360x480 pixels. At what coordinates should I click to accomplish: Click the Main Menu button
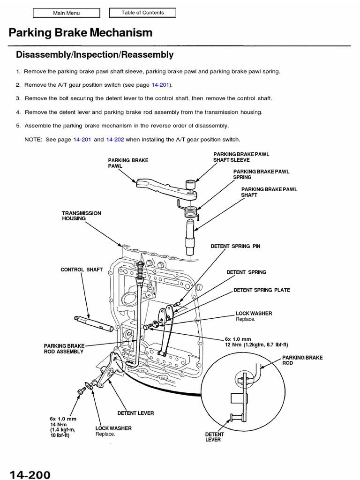[x=66, y=13]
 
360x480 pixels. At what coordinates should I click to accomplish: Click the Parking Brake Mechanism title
[x=80, y=32]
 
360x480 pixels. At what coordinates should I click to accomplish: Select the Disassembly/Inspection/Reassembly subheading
[x=95, y=55]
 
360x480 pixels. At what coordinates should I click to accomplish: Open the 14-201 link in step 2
[x=160, y=85]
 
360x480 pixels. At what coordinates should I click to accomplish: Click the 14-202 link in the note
[x=115, y=139]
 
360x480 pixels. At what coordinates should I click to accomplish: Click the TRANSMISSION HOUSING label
[x=81, y=216]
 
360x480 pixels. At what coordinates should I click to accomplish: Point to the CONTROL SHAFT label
[x=81, y=270]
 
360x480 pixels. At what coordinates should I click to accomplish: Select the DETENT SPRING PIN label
[x=235, y=246]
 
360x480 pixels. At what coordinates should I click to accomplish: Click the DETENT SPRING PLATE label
[x=262, y=290]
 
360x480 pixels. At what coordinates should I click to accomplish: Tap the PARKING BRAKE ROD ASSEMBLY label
[x=64, y=348]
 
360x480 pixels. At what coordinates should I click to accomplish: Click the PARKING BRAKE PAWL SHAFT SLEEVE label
[x=241, y=157]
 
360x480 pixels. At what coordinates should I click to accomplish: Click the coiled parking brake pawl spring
[x=190, y=212]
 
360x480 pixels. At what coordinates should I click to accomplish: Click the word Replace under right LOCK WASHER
[x=246, y=319]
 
